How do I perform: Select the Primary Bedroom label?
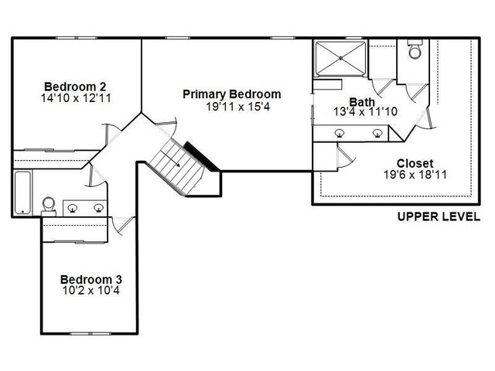pos(231,94)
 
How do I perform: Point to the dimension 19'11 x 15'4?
pos(231,107)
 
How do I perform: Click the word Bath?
pos(362,101)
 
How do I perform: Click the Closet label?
pos(409,163)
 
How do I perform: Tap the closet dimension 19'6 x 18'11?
pos(409,175)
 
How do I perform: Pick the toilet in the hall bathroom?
pos(49,204)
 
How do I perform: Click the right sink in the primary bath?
pos(377,133)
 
